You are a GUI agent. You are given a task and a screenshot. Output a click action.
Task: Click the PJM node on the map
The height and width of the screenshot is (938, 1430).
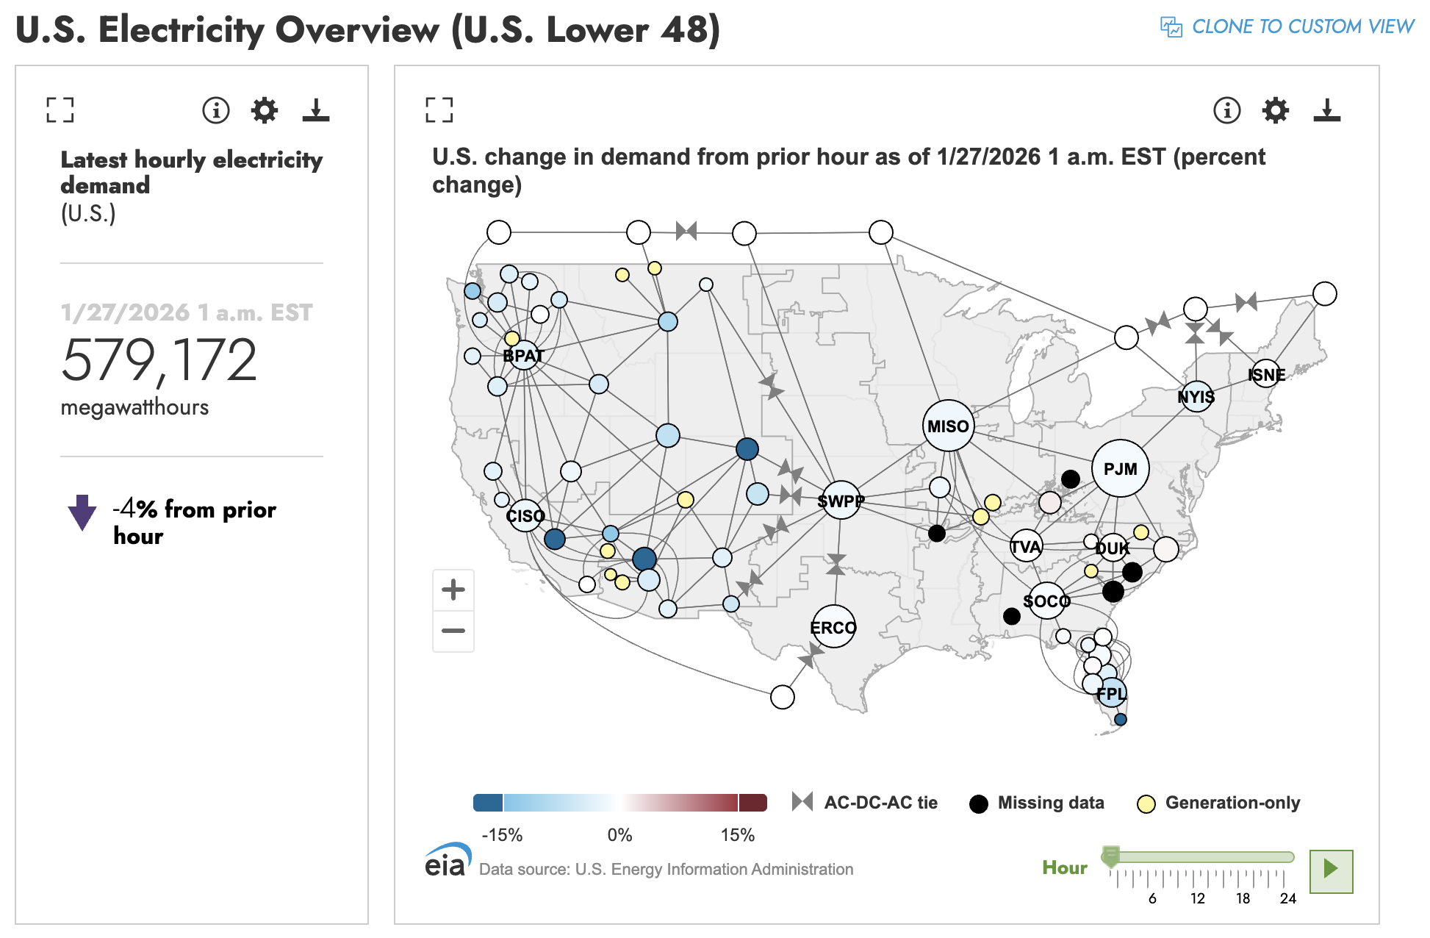(x=1120, y=468)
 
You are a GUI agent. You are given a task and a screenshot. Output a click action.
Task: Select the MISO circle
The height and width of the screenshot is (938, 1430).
(x=948, y=426)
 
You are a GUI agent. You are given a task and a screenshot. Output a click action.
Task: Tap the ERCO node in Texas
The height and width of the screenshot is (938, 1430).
(x=833, y=627)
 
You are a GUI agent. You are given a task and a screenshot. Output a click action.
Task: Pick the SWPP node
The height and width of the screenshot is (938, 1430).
(x=841, y=501)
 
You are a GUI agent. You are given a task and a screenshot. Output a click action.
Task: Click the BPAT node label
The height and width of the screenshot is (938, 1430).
(x=523, y=356)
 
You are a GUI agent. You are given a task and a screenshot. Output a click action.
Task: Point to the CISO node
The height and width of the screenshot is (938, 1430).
(x=525, y=515)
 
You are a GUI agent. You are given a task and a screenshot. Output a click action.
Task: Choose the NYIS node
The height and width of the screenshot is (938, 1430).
(x=1196, y=397)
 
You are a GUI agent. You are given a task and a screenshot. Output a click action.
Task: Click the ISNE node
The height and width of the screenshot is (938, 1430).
(x=1265, y=375)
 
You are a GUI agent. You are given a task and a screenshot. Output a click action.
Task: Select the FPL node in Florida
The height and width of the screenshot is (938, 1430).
(x=1111, y=693)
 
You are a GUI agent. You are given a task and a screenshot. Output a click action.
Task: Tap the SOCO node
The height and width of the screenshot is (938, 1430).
(x=1046, y=601)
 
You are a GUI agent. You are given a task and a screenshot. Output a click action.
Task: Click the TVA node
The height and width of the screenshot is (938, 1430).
(x=1025, y=546)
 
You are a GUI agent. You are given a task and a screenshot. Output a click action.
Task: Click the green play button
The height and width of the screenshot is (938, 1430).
(x=1330, y=871)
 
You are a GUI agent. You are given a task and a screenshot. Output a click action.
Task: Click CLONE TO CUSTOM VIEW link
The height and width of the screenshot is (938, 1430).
(x=1287, y=26)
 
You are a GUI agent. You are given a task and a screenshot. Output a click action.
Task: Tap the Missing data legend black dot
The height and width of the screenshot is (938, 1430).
(x=978, y=803)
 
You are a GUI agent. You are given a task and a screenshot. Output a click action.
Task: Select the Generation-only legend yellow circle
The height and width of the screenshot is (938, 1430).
(x=1146, y=803)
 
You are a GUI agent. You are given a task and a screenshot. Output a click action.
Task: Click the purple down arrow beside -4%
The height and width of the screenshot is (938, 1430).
(x=82, y=512)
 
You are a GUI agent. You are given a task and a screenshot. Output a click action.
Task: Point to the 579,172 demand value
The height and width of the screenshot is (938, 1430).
(x=159, y=360)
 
